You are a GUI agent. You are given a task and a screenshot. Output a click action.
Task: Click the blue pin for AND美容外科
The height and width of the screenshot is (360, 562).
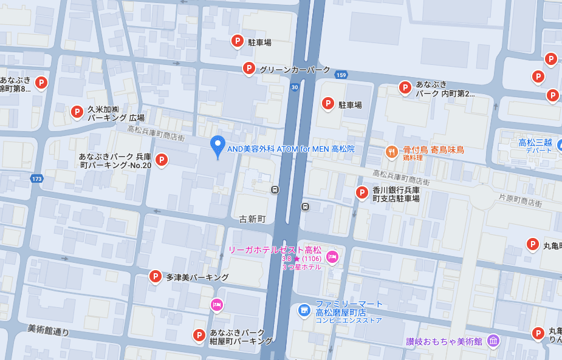pos(218,146)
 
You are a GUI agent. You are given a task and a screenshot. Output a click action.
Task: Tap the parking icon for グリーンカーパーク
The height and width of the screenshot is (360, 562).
pos(248,69)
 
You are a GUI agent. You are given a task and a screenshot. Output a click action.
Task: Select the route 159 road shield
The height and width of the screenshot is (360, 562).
pos(341,75)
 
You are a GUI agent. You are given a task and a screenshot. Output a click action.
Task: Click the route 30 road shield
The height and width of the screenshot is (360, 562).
pos(295,87)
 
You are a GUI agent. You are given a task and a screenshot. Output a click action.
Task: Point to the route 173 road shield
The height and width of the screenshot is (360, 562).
pos(37,179)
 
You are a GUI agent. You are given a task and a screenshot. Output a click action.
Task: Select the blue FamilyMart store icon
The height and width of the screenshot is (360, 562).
pos(304,310)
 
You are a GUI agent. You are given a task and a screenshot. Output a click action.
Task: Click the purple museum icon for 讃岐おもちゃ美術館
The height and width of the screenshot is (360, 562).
pos(493,341)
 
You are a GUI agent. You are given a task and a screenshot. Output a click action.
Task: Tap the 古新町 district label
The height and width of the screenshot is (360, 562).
pos(253,219)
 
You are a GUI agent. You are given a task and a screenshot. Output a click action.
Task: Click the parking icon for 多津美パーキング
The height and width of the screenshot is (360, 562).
pos(156,277)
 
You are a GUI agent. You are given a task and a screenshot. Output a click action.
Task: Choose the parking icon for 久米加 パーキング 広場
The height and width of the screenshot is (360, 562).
pos(77,112)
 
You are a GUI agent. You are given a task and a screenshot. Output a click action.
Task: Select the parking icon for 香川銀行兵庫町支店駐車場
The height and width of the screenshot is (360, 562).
pos(362,192)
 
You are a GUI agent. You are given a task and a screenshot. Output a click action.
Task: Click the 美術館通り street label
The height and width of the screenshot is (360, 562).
pos(48,330)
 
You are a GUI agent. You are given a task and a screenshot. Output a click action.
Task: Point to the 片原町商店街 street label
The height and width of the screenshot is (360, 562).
pos(520,203)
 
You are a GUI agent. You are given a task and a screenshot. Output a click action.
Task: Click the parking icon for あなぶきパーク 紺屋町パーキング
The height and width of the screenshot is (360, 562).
pos(199,335)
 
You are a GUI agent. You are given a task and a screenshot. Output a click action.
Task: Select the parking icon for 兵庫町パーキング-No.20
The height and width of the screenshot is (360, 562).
pos(161,160)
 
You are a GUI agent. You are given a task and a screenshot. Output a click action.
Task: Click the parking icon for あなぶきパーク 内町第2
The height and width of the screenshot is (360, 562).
pos(405,87)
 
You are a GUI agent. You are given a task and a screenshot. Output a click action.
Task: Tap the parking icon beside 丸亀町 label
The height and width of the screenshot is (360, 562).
pos(533,244)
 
